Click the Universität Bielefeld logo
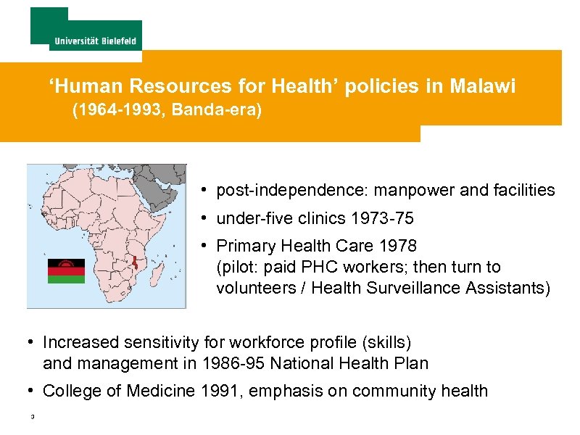[86, 29]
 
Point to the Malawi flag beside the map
[66, 270]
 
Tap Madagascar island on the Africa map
[161, 273]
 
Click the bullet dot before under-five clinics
[206, 218]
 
